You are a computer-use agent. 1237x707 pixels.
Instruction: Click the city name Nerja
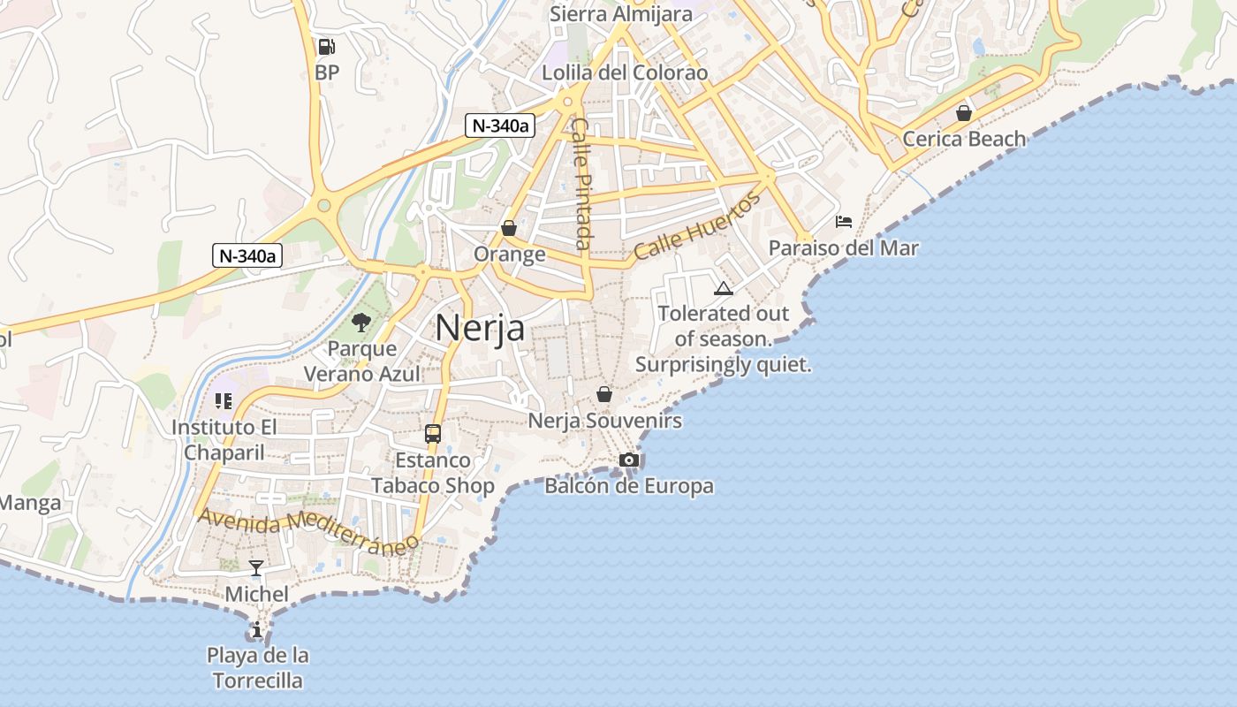[480, 328]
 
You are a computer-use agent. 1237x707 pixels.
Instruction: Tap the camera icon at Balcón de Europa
[628, 460]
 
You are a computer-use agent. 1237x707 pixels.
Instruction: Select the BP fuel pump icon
[326, 47]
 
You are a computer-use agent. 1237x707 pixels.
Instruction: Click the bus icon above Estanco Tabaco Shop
[432, 434]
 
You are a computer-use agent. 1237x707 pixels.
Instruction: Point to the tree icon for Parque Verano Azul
[360, 322]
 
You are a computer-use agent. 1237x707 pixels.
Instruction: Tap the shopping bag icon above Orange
[508, 228]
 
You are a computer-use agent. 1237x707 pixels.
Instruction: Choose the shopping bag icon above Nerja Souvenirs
[604, 394]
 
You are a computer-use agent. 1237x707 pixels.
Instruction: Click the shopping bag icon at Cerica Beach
[963, 113]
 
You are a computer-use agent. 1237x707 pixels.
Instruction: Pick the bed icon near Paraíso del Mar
[844, 221]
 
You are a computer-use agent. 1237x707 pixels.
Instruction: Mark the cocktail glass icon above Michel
[256, 567]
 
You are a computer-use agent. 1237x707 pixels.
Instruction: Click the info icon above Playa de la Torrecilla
[256, 630]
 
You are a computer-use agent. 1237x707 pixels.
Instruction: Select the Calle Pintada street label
[581, 184]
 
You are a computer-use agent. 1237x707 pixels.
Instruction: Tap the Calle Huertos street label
[697, 226]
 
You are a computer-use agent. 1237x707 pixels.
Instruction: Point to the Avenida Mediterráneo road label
[307, 532]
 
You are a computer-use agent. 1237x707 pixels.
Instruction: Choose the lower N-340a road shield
[247, 256]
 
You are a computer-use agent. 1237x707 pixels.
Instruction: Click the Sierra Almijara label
[620, 14]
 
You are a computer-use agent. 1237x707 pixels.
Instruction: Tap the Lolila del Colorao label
[625, 72]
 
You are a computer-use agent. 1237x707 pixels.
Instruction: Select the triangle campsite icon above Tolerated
[724, 288]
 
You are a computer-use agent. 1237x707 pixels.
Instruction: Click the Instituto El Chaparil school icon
[223, 401]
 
